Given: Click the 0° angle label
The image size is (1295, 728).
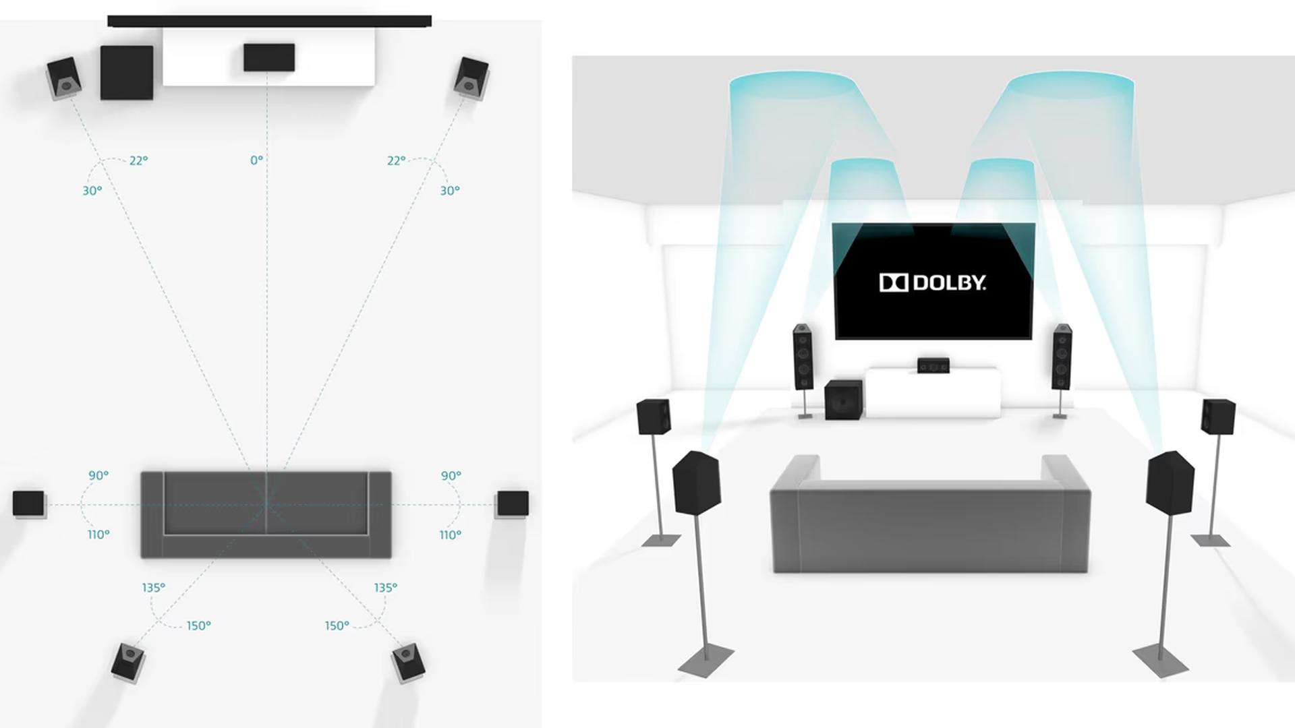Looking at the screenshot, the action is point(256,160).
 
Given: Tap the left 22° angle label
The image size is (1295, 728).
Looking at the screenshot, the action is point(138,160).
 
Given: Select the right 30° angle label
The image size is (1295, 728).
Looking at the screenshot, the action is point(450,191).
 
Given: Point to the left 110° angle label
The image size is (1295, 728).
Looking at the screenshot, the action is point(98,535).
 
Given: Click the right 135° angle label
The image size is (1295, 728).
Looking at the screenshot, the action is point(385,588).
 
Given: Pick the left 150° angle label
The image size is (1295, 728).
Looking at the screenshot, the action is point(198,626).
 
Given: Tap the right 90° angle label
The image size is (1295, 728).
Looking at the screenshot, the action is point(451,475).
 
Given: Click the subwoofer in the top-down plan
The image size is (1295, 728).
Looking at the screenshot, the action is point(127,73).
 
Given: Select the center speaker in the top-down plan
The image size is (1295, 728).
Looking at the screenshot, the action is point(268,57).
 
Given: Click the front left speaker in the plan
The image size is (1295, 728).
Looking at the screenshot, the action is point(64,78).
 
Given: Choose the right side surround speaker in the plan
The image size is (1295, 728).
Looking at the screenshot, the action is point(513,504).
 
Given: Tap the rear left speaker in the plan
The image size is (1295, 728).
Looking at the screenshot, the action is point(127,661).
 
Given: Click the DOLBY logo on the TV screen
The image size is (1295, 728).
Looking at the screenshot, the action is point(932,282).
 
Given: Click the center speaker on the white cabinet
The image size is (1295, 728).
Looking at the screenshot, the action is point(933,365).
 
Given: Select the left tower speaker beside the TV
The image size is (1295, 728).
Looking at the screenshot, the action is point(803,357).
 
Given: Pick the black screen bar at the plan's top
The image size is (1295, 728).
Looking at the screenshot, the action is point(269,22).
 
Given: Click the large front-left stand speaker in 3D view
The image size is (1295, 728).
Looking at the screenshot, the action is point(697,482).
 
